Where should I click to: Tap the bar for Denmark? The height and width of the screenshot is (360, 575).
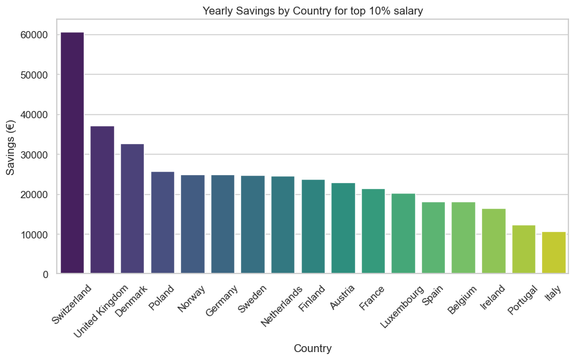pos(132,209)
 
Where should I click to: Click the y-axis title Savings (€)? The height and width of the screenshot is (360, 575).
pos(11,153)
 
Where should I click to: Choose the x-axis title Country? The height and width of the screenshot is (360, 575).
pos(312,348)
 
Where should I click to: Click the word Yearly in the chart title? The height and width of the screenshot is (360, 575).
pos(219,11)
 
